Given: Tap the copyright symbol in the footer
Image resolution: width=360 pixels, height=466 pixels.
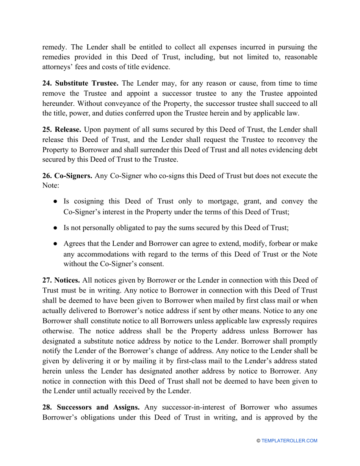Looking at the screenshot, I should point(259,441).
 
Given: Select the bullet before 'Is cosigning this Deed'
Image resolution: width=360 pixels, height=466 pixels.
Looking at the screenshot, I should point(55,202).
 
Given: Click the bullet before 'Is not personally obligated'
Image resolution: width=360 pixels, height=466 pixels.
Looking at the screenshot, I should point(55,227).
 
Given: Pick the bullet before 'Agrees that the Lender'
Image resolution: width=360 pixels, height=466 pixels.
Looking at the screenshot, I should point(55,243).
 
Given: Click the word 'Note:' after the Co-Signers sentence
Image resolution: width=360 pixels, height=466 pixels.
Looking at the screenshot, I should point(49,186).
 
